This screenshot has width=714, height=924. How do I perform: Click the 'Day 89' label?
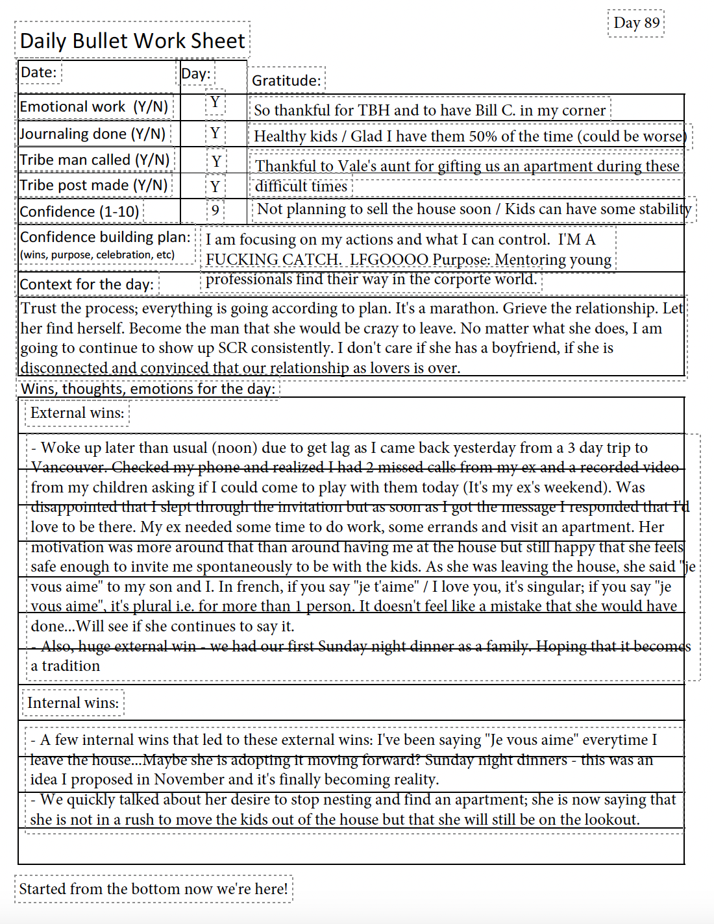[x=636, y=23]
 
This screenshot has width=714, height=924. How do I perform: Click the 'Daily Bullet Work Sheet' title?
[x=132, y=41]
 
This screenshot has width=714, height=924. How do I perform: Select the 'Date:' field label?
[x=38, y=72]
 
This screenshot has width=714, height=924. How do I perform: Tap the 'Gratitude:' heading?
[x=286, y=80]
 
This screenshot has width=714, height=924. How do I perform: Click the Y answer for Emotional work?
[x=215, y=103]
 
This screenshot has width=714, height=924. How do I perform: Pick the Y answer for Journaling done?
[x=215, y=134]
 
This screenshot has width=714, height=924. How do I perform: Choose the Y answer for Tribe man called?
[x=217, y=161]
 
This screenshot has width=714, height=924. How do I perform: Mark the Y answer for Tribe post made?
[x=215, y=187]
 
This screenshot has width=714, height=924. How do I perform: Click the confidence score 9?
[x=215, y=210]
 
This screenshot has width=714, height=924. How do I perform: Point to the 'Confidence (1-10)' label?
[x=79, y=212]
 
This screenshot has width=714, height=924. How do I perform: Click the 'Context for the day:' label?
[x=87, y=284]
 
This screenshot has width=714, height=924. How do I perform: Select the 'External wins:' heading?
[x=77, y=413]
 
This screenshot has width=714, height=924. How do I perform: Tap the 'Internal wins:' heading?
[x=73, y=703]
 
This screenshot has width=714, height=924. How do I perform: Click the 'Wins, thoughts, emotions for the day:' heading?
[x=148, y=389]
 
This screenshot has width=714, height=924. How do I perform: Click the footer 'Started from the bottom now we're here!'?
[x=153, y=889]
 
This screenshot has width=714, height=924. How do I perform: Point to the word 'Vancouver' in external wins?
[x=68, y=467]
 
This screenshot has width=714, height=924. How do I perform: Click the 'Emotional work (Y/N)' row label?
[x=93, y=106]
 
